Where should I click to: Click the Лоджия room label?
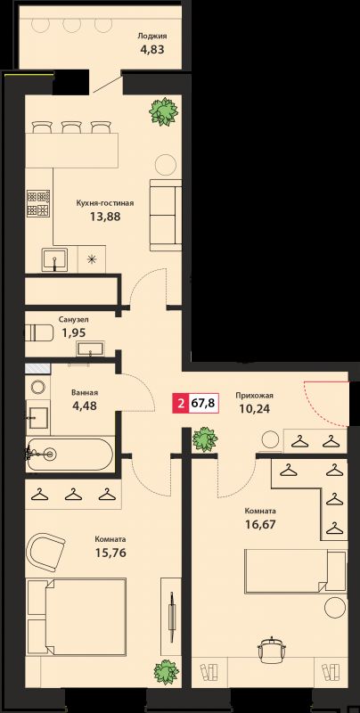[151, 37]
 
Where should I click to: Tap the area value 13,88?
[105, 217]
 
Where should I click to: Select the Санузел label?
[71, 319]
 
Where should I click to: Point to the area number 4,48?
[85, 405]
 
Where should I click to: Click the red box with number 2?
[181, 404]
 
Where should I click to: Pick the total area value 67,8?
[203, 404]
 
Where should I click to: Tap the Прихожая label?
[254, 396]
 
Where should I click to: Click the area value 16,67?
[259, 525]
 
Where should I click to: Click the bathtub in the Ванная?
[69, 454]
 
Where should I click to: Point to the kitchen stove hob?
[38, 203]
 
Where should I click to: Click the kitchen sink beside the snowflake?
[54, 260]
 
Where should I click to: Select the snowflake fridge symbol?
[92, 259]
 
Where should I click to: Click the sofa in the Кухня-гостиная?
[166, 215]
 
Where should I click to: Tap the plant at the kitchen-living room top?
[163, 111]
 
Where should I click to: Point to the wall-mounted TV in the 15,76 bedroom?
[172, 617]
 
